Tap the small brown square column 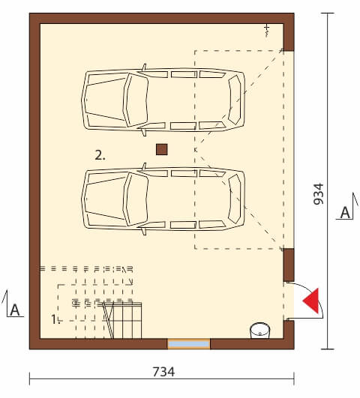162,149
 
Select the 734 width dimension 163,372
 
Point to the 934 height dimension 318,193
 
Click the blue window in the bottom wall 189,344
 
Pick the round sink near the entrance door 260,331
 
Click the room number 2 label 100,155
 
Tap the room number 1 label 55,319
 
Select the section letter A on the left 15,310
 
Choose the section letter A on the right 345,213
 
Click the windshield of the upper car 136,100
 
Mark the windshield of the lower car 136,199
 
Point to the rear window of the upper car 235,100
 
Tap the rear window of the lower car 235,199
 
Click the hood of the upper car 105,100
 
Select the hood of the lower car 105,199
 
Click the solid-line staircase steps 122,320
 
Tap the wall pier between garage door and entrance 289,265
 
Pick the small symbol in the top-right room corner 266,31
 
